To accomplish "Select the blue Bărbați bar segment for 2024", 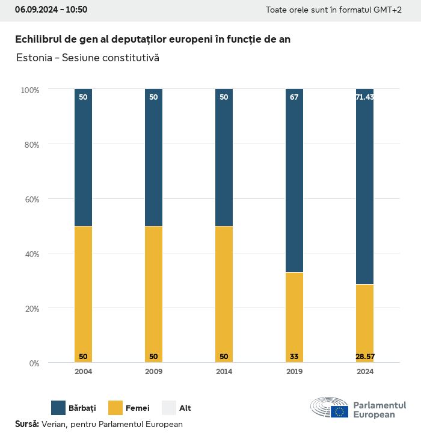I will coord(364,186).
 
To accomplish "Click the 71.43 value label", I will coord(364,97).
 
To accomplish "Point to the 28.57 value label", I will coord(364,357).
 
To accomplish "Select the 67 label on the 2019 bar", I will coord(294,97).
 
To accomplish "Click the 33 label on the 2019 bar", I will coord(294,357).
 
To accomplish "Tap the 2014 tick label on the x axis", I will coord(224,372).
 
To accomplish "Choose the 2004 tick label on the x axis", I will coord(83,372).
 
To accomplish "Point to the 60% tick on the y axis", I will coord(31,199).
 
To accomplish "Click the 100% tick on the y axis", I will coord(29,90).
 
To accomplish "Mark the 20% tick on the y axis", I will coord(31,309).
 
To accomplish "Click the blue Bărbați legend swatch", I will coord(58,408).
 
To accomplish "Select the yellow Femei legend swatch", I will coord(115,408).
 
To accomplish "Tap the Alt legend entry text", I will coord(185,408).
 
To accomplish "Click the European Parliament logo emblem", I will coord(330,408).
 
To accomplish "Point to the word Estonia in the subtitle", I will coord(34,58).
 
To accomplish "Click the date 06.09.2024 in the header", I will coord(36,10).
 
